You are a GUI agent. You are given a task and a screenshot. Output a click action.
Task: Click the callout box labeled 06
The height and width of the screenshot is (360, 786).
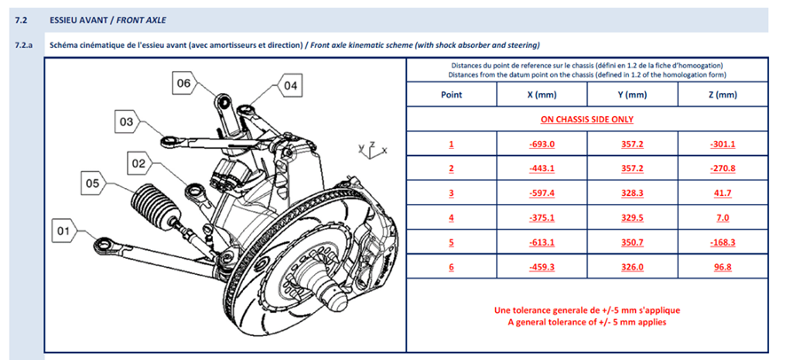[184, 83]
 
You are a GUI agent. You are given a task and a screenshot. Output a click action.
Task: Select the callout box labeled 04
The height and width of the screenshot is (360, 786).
[291, 86]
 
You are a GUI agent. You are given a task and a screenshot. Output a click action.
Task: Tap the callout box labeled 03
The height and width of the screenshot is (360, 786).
[127, 121]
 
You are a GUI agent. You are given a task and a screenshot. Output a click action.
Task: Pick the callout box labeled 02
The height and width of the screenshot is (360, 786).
[139, 163]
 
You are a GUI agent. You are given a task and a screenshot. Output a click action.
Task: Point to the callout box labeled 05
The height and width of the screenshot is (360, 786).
[93, 184]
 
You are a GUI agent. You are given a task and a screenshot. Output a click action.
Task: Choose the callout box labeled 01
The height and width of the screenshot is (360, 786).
[63, 231]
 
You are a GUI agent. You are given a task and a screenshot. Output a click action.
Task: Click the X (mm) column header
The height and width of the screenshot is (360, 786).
[542, 94]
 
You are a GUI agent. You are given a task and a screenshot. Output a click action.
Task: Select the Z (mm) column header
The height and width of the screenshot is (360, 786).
[722, 94]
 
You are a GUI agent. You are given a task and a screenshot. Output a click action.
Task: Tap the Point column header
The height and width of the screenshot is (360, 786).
[452, 94]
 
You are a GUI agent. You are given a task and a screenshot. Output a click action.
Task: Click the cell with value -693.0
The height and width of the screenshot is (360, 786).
[542, 145]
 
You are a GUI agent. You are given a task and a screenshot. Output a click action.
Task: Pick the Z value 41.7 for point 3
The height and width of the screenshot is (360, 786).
[722, 192]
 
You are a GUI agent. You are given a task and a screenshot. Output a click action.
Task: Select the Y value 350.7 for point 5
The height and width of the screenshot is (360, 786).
[633, 242]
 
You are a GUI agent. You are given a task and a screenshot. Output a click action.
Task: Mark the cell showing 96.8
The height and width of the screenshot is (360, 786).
[722, 267]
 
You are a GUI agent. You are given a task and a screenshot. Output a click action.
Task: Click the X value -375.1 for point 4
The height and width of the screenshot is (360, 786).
[542, 217]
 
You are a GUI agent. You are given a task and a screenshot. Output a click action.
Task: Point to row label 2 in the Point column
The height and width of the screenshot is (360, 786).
[452, 168]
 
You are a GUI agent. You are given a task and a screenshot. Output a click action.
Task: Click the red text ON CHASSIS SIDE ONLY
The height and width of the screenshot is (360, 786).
[586, 119]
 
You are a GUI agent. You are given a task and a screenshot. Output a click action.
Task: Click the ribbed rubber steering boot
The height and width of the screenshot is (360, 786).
[153, 207]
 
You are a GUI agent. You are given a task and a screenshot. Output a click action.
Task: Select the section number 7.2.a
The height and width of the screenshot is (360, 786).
[24, 45]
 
